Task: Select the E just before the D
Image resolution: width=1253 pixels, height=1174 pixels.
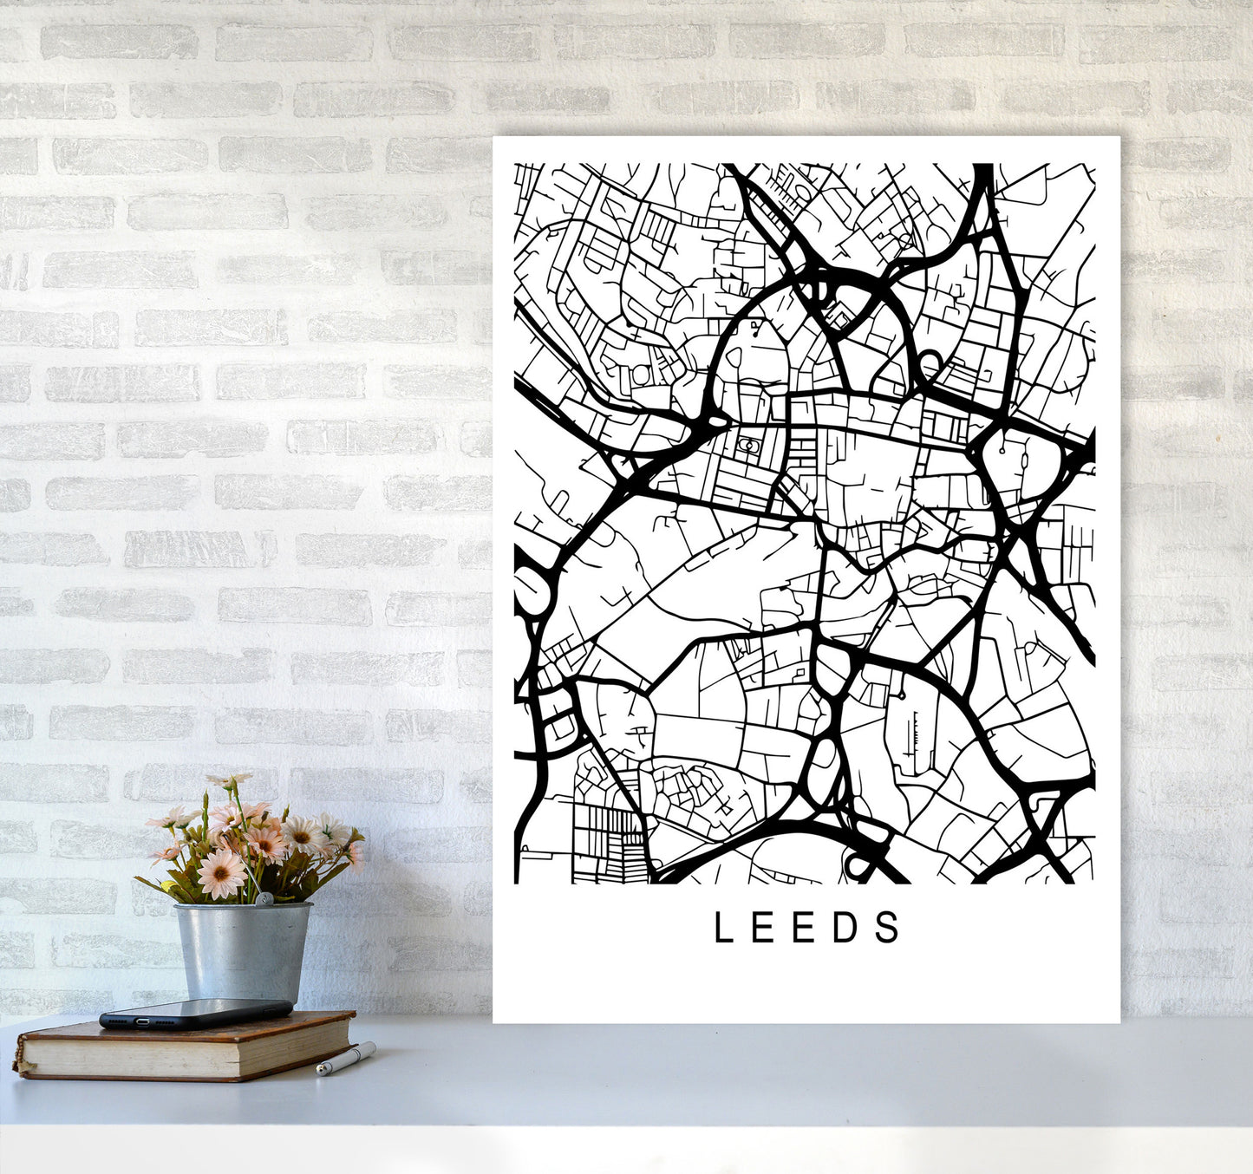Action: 806,928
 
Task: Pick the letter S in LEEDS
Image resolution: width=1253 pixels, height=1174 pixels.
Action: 889,928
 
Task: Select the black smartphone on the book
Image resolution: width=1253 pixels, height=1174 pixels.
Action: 196,1014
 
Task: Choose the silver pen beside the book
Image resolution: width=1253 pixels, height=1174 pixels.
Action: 345,1060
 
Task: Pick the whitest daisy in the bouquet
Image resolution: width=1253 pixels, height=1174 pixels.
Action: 304,834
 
